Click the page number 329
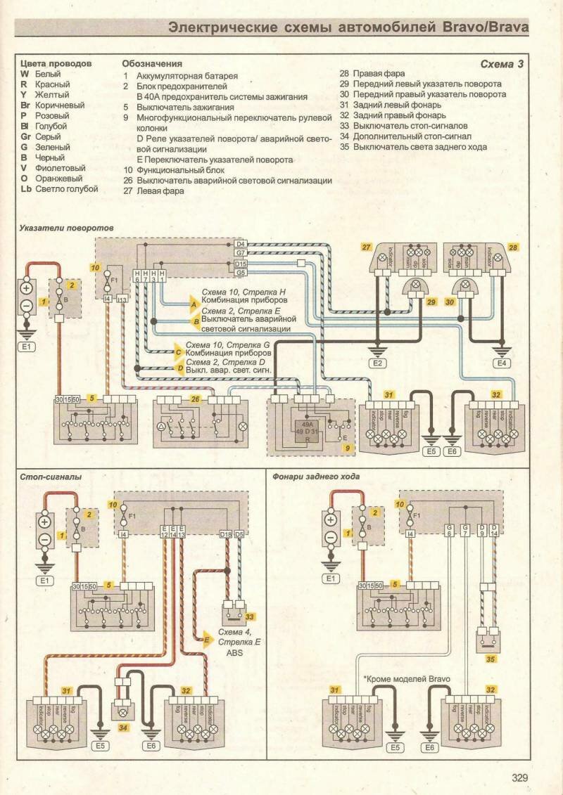[x=520, y=777]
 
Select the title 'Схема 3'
[x=502, y=64]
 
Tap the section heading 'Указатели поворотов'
[x=67, y=228]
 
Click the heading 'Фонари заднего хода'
[x=316, y=477]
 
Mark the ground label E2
[x=378, y=363]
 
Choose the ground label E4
[x=501, y=363]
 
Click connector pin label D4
[x=240, y=244]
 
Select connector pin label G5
[x=240, y=272]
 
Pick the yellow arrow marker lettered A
[x=193, y=305]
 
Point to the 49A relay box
[x=308, y=430]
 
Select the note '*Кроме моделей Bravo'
[x=406, y=678]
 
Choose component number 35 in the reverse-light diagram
[x=491, y=659]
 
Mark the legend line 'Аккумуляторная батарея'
[x=187, y=75]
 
